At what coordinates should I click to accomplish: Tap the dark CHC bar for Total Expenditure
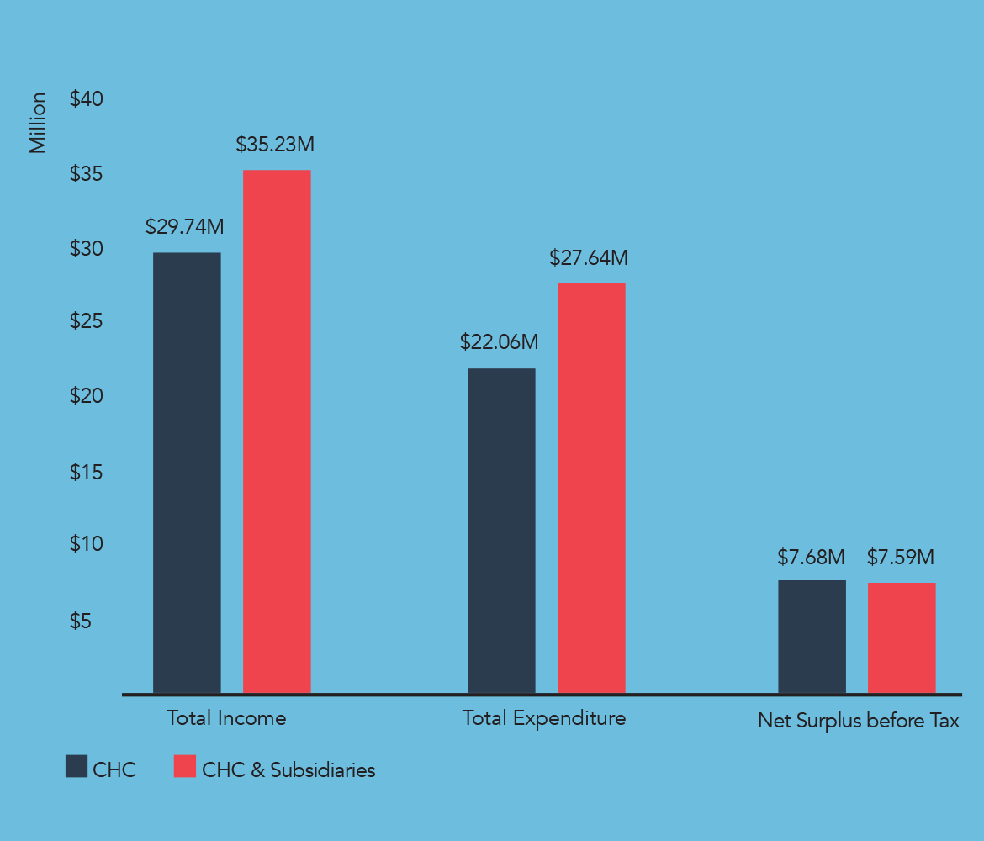pos(501,531)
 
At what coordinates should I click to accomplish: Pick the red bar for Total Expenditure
pos(591,488)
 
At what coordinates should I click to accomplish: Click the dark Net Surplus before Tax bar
pos(812,637)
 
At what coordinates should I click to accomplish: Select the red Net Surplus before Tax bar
pos(902,638)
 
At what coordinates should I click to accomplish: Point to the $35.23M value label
pos(275,145)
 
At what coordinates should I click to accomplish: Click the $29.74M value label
pos(185,227)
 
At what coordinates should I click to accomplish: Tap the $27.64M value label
pos(589,258)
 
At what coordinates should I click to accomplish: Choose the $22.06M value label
pos(499,342)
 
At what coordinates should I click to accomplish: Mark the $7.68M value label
pos(811,557)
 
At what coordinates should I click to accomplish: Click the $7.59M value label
pos(901,557)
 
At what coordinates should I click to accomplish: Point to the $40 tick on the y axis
pos(87,99)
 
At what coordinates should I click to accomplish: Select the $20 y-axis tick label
pos(87,396)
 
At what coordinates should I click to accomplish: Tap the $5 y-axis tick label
pos(81,621)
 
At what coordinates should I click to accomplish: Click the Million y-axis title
pos(38,123)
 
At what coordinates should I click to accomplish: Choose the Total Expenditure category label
pos(544,718)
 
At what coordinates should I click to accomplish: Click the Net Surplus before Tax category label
pos(858,721)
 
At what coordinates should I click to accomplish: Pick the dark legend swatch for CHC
pos(77,766)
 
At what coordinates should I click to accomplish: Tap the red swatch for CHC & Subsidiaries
pos(184,766)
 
